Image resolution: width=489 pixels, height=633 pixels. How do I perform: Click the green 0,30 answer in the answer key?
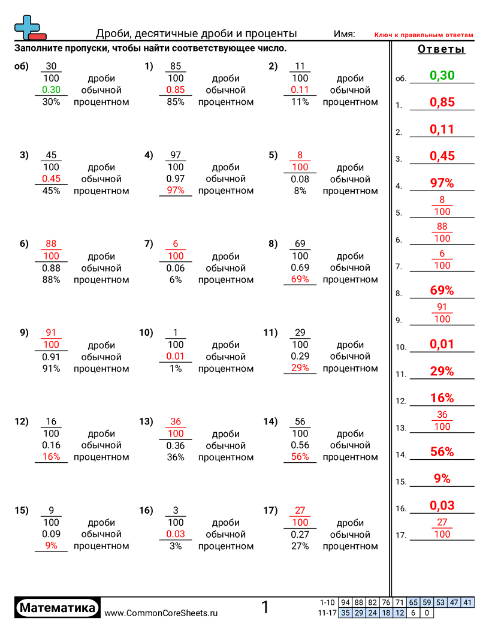click(442, 76)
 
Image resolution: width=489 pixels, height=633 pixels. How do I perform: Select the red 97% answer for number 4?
click(442, 183)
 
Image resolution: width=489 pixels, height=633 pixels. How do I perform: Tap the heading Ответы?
click(441, 49)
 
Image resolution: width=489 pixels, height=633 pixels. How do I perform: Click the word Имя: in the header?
click(344, 34)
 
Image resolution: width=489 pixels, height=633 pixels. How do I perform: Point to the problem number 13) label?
click(146, 421)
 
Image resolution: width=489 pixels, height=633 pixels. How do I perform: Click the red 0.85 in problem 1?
click(176, 90)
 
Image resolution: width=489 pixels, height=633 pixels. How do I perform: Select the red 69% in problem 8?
click(300, 279)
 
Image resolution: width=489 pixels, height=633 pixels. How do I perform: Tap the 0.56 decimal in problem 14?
click(300, 445)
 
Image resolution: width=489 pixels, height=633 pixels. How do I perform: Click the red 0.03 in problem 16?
click(176, 534)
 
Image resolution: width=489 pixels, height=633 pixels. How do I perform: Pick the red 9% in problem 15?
click(52, 545)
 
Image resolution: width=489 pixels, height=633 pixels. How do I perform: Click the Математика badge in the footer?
click(58, 608)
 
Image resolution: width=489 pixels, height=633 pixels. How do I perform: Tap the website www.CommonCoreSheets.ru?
click(161, 613)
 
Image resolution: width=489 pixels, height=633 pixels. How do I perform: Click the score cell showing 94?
click(345, 602)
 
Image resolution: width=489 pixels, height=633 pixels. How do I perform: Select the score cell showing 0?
click(426, 613)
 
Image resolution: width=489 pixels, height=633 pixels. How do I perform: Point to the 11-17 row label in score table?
click(327, 613)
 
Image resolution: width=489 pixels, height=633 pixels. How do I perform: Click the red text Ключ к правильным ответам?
click(424, 35)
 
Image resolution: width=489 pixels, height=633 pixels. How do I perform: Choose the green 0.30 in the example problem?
click(52, 90)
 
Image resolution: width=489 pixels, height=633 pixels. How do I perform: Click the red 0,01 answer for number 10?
click(442, 344)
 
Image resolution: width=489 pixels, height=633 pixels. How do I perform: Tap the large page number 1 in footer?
click(264, 608)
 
